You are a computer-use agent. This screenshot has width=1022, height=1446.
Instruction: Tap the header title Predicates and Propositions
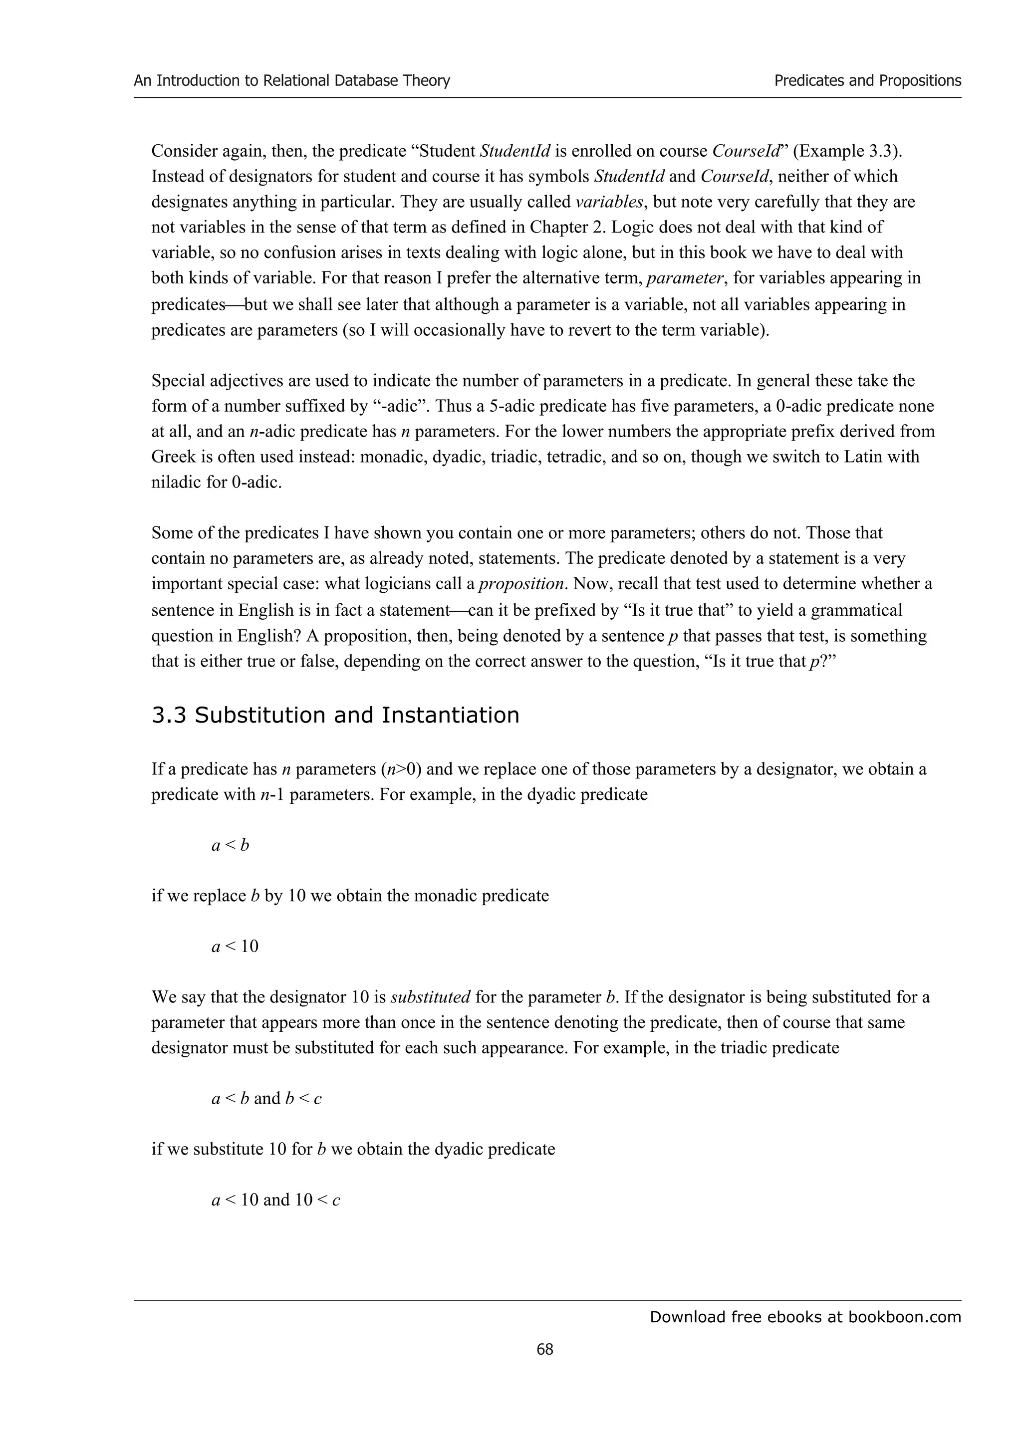pyautogui.click(x=867, y=81)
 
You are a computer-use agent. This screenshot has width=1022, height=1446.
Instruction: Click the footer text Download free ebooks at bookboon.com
pyautogui.click(x=805, y=1316)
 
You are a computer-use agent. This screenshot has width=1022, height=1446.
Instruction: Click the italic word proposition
pyautogui.click(x=521, y=584)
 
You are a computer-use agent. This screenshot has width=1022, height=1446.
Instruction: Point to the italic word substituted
pyautogui.click(x=431, y=997)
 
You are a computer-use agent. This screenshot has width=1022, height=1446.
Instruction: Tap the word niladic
pyautogui.click(x=177, y=482)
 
